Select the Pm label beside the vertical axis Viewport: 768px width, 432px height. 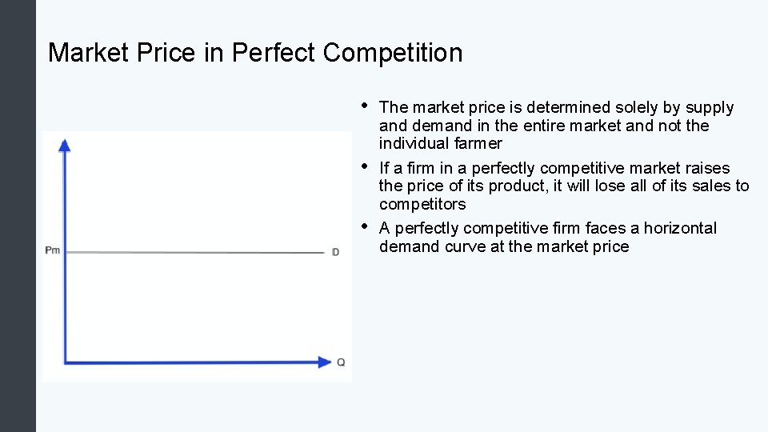click(x=52, y=250)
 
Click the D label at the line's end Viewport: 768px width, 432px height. click(x=336, y=253)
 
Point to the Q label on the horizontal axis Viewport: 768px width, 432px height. click(x=341, y=362)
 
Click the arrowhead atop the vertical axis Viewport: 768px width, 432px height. click(x=65, y=144)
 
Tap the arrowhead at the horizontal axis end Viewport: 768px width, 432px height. click(x=324, y=362)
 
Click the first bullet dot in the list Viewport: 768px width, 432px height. click(x=364, y=105)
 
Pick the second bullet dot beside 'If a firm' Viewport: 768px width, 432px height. click(x=364, y=166)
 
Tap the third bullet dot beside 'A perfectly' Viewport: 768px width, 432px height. click(x=364, y=226)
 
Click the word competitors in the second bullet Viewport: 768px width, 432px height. click(x=422, y=204)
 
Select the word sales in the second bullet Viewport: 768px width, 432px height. click(x=714, y=186)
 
